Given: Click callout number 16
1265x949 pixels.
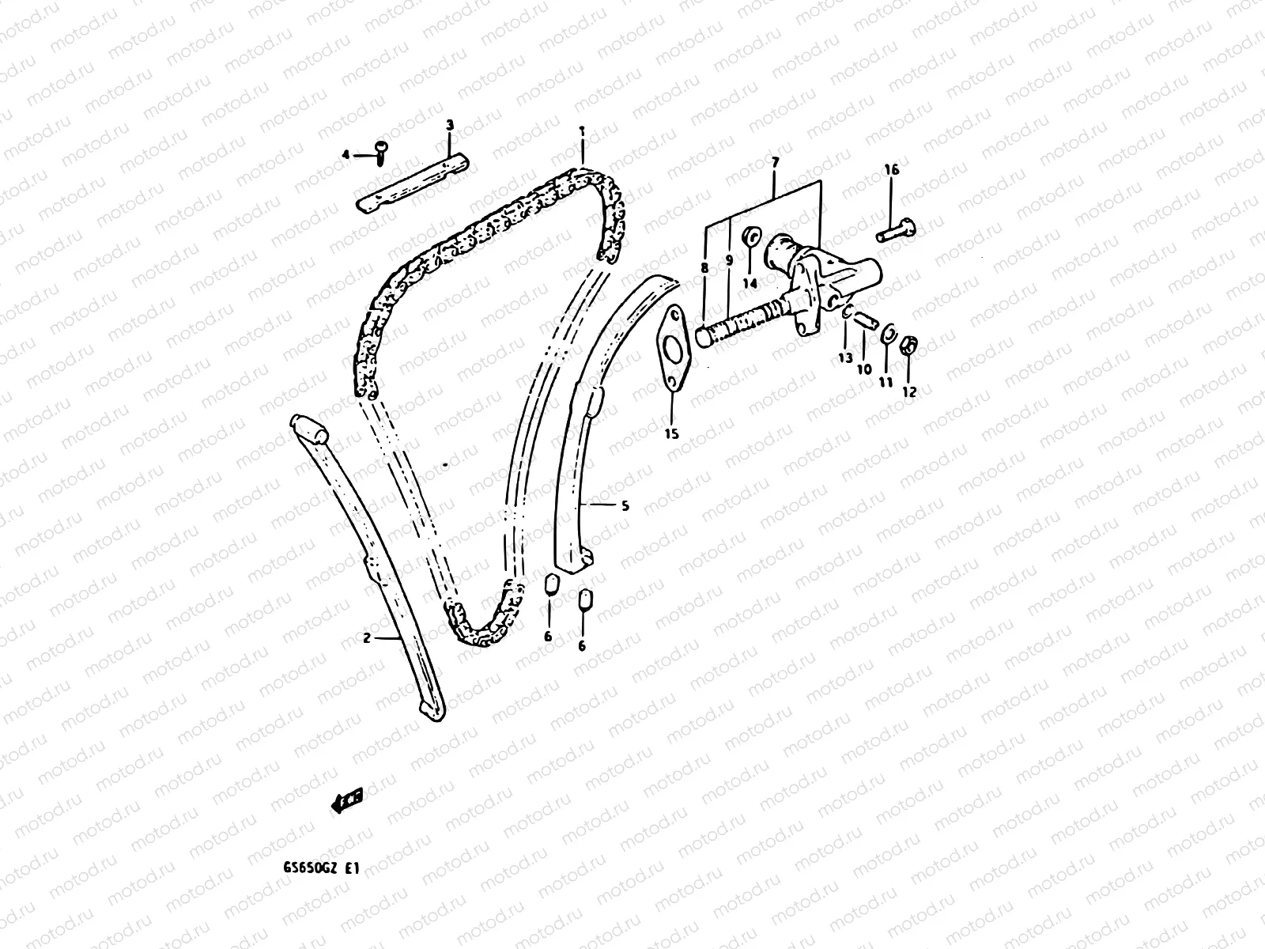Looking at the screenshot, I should [891, 170].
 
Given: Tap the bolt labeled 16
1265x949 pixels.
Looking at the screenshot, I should [897, 232].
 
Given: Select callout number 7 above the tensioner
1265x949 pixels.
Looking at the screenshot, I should [775, 162].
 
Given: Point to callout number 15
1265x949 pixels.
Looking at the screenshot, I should [672, 433].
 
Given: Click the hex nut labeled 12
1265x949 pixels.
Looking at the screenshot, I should [909, 346].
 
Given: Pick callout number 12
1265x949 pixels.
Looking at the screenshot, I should [909, 391].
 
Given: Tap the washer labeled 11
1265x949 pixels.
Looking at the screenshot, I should [888, 335].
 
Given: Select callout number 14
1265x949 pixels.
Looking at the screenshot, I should [750, 282].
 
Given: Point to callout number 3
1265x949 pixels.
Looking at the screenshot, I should [450, 125].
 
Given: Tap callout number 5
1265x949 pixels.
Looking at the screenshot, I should [625, 505].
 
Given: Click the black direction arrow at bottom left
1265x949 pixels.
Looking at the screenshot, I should [346, 801].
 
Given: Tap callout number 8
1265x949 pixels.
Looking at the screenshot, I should [704, 269].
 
